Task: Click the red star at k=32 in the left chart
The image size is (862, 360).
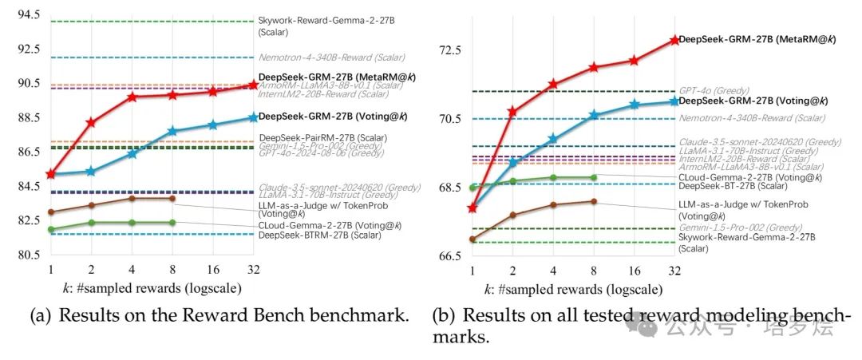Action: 253,85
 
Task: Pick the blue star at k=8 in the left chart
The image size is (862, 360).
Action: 172,131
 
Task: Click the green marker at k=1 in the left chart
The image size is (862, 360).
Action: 51,230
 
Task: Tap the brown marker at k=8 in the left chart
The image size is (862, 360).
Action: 172,198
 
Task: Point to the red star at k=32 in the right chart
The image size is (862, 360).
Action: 674,39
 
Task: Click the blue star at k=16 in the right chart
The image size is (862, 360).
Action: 635,105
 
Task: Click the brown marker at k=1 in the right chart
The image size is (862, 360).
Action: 473,239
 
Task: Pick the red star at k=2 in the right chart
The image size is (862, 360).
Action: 512,112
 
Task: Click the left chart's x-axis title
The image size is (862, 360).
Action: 152,288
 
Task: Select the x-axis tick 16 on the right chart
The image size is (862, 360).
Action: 635,270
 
